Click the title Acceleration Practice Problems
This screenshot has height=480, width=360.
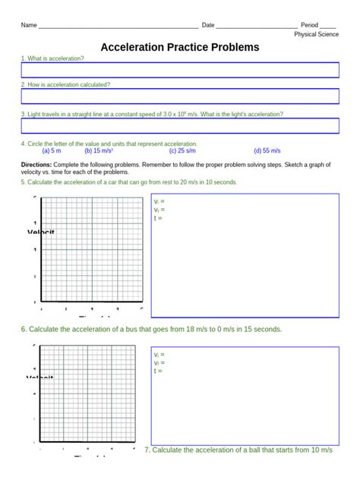(180, 47)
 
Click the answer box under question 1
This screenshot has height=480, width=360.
(180, 70)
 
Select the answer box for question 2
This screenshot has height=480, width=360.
(180, 96)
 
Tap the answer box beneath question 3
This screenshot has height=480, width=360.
(180, 126)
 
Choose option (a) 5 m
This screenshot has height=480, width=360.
(52, 151)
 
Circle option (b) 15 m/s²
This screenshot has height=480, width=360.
(99, 151)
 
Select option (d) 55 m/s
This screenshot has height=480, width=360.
(267, 151)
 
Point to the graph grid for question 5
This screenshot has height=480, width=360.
(92, 249)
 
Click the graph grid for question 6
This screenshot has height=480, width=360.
(92, 395)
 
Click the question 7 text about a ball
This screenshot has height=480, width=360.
(238, 450)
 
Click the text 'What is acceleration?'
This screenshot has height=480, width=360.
(55, 58)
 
